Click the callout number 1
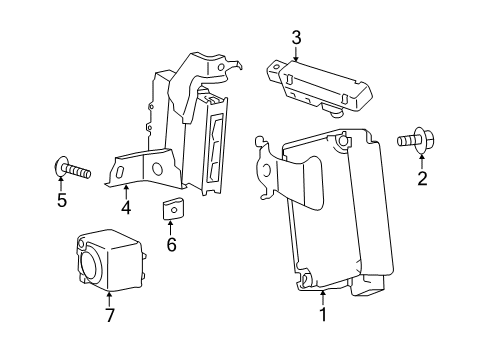[322, 317]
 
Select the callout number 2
[422, 179]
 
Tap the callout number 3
[296, 39]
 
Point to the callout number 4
[126, 209]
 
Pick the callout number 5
[62, 199]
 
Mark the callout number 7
[109, 317]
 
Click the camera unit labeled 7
[110, 263]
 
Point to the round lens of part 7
[91, 267]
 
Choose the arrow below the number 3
[296, 56]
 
